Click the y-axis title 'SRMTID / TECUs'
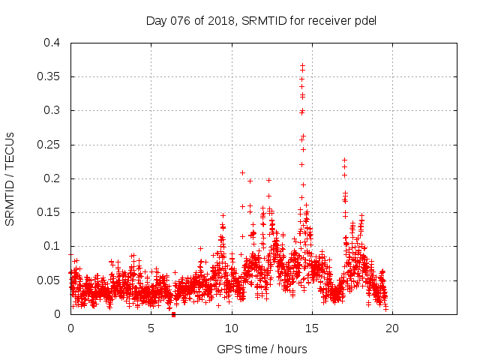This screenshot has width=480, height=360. click(x=10, y=178)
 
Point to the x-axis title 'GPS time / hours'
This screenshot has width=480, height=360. click(x=262, y=349)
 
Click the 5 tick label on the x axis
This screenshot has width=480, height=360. click(x=151, y=328)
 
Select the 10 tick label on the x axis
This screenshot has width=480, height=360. click(x=231, y=328)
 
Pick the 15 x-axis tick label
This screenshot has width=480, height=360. click(x=311, y=328)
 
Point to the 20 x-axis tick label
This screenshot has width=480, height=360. click(x=391, y=328)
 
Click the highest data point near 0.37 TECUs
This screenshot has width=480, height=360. click(x=302, y=65)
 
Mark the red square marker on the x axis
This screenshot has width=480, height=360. click(x=173, y=314)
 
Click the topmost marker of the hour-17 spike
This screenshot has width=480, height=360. click(x=344, y=160)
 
